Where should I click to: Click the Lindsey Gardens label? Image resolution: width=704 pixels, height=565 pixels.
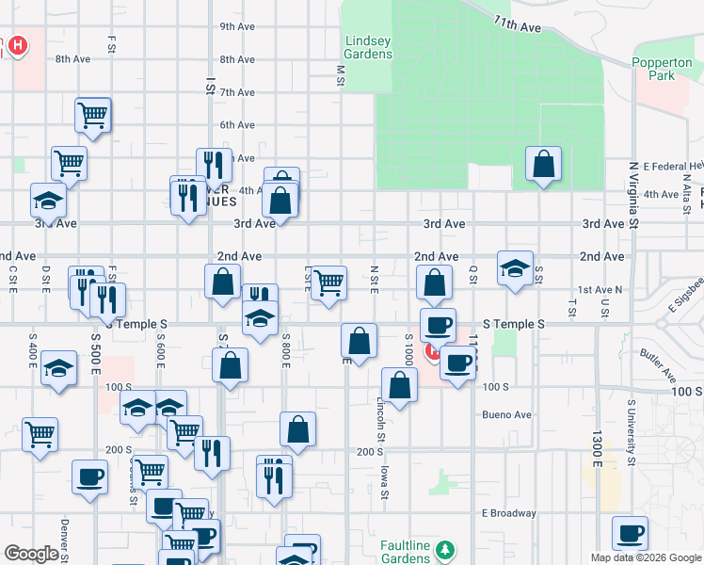368,47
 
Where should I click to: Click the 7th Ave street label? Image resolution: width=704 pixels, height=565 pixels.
237,92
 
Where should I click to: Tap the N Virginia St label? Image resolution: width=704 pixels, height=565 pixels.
633,197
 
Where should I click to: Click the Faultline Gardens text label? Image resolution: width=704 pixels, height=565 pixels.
406,551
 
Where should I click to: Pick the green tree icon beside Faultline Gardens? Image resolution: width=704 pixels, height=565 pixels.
450,550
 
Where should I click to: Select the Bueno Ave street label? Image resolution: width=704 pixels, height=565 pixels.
507,414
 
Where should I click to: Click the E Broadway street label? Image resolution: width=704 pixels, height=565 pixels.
508,513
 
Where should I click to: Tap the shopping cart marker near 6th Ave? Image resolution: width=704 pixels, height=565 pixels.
93,115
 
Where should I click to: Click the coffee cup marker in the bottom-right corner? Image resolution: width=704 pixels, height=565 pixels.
630,534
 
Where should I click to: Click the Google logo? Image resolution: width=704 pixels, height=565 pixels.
31,554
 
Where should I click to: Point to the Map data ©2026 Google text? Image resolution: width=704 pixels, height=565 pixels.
646,557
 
